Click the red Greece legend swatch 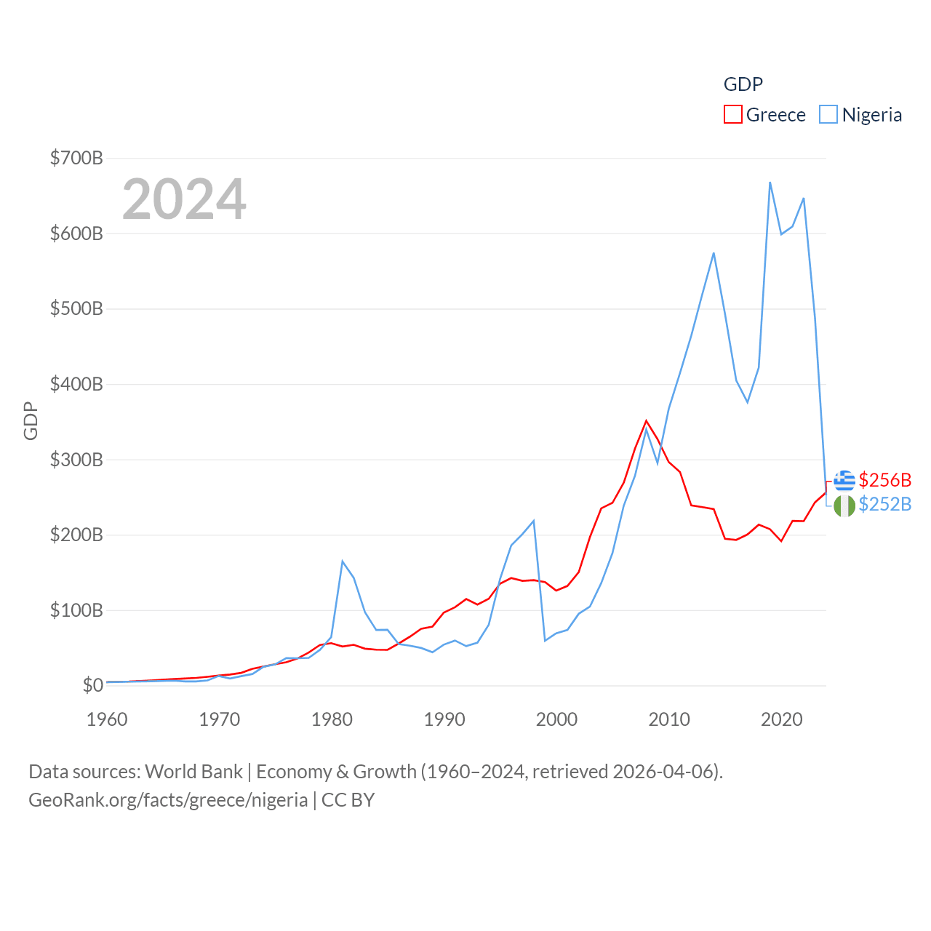732,115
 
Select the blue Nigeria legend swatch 828,115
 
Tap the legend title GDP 743,84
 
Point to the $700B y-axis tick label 76,158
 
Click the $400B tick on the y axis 76,384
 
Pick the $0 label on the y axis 92,685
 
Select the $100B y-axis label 76,610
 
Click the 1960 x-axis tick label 107,719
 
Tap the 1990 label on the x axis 444,719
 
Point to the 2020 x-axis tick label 781,719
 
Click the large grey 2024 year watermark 184,199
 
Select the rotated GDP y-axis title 31,420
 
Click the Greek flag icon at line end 844,481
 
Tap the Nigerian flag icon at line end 844,506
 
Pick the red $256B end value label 884,480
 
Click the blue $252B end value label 884,504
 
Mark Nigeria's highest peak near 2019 770,183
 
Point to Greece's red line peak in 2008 646,420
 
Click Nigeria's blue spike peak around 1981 343,561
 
